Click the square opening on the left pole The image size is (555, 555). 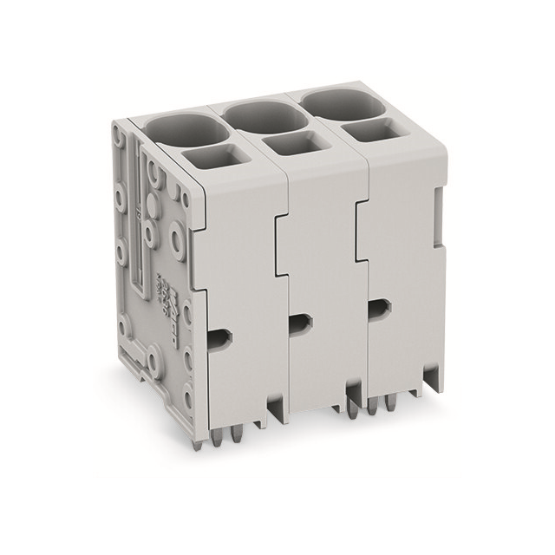pyautogui.click(x=214, y=158)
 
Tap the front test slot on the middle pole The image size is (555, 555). pyautogui.click(x=299, y=323)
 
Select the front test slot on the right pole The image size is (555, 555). pyautogui.click(x=378, y=308)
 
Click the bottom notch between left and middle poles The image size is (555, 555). pyautogui.click(x=276, y=408)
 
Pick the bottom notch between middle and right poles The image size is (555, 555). pyautogui.click(x=356, y=392)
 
